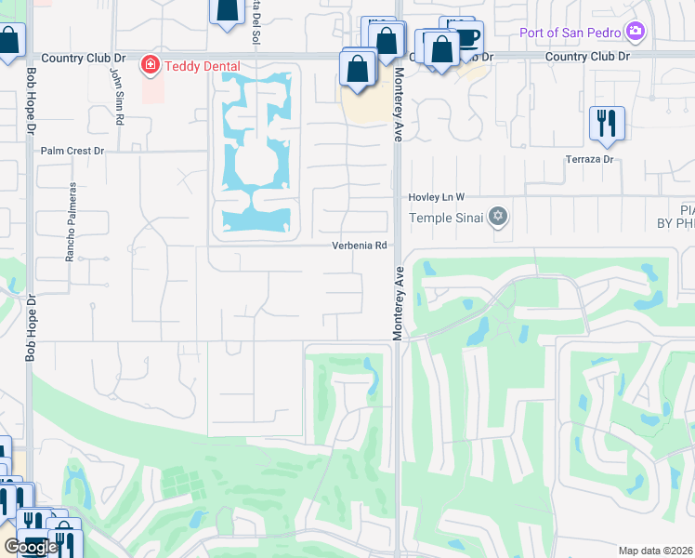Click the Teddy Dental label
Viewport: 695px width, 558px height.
click(202, 66)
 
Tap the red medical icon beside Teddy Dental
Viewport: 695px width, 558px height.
click(149, 65)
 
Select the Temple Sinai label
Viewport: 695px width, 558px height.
click(449, 218)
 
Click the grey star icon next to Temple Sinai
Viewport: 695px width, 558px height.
click(499, 217)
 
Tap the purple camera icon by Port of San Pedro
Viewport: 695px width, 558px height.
click(636, 33)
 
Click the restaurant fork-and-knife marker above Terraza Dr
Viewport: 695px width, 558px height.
click(607, 124)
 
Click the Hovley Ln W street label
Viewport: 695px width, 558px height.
click(436, 197)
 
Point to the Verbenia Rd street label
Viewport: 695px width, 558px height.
click(360, 246)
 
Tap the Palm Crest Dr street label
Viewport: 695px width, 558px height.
click(72, 150)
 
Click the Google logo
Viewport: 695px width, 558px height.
click(30, 547)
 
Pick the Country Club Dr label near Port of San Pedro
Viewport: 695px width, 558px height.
click(587, 57)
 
